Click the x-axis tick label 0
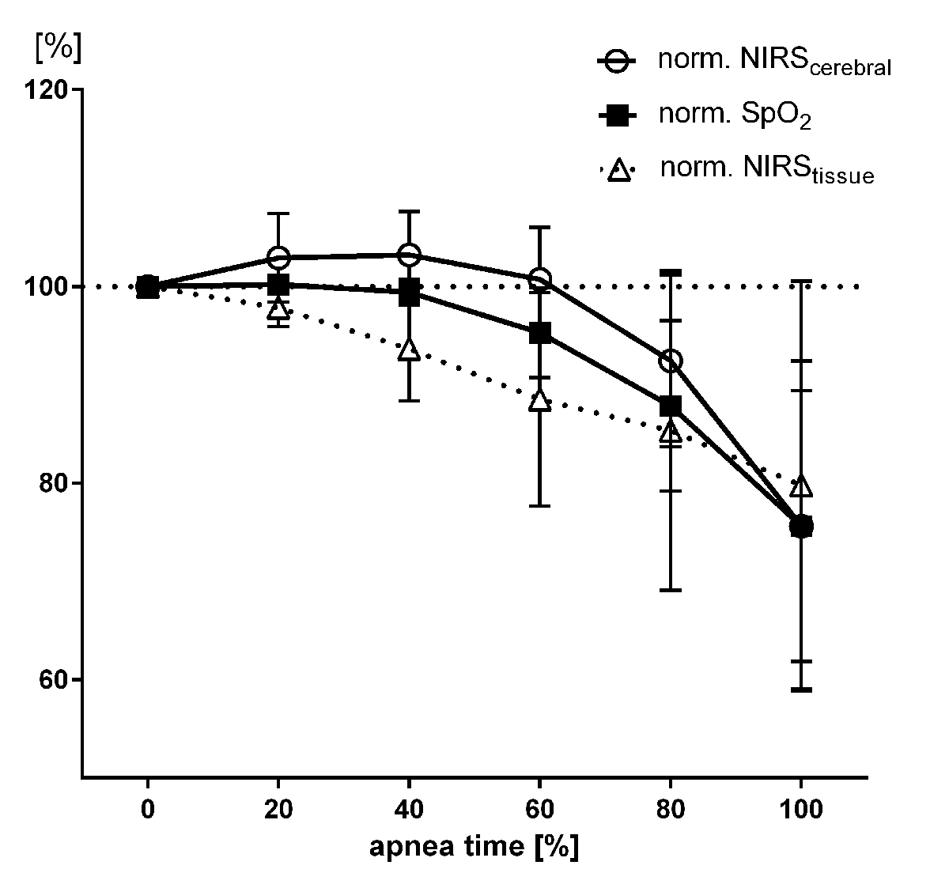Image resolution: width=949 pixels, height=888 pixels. [147, 810]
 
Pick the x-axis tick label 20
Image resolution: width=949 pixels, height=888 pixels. [278, 810]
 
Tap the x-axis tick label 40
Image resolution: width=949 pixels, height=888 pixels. [409, 810]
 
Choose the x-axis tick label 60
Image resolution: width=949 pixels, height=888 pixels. [540, 810]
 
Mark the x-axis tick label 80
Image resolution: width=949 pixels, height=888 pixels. [671, 810]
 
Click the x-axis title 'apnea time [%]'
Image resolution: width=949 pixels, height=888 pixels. [474, 846]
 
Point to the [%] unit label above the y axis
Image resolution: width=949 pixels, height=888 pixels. [57, 47]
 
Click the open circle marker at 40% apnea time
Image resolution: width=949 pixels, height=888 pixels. [409, 255]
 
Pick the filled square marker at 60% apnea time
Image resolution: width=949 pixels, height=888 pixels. [540, 333]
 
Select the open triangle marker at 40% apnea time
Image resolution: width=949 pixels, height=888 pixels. [409, 349]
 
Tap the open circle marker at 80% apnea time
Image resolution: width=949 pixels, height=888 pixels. [671, 361]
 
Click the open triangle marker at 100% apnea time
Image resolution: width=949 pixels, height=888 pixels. [801, 486]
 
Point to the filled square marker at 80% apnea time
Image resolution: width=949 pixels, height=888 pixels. [671, 406]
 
